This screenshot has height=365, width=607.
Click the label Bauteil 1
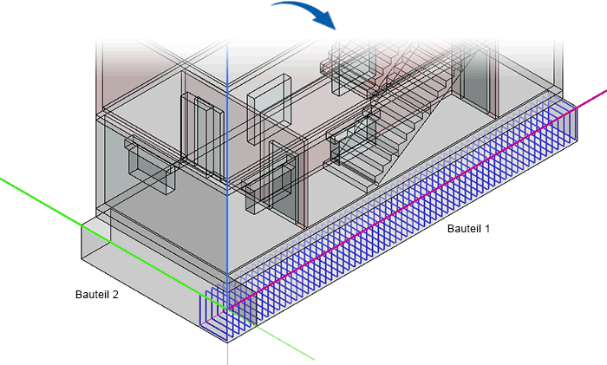tap(468, 230)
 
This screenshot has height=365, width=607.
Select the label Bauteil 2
tap(96, 295)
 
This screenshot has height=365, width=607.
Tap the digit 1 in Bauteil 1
tap(487, 230)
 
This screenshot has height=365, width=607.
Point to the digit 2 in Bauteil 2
tap(115, 295)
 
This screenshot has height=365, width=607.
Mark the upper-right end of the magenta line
tap(605, 88)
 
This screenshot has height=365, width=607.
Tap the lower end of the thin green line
tap(312, 358)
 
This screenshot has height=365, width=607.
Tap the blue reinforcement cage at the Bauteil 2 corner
tap(217, 312)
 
